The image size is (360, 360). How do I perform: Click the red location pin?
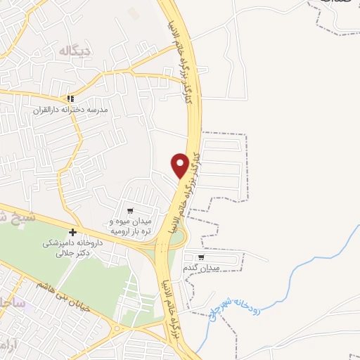(x=180, y=165)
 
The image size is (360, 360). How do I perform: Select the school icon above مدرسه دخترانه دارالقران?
(x=69, y=99)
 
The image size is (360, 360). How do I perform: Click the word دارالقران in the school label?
(x=49, y=110)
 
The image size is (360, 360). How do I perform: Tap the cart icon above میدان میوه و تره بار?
(x=130, y=210)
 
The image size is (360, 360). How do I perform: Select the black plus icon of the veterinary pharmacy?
(x=72, y=232)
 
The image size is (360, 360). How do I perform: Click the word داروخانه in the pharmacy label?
(x=90, y=243)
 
